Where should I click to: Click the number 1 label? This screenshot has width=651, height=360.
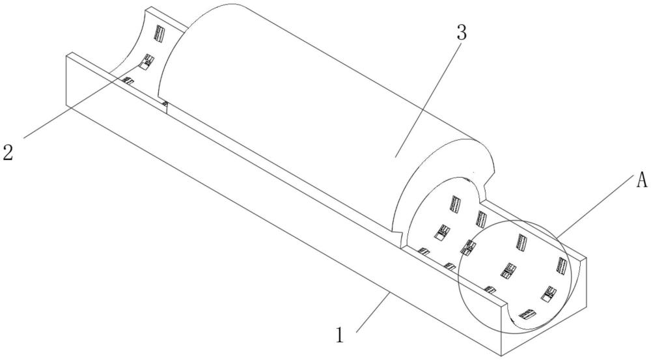point(339,336)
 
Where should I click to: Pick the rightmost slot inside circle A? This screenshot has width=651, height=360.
point(561,265)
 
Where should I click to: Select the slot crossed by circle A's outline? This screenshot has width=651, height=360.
point(469,248)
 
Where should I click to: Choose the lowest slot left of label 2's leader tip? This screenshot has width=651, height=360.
point(128,81)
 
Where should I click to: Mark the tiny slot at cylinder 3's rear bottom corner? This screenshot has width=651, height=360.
point(165,104)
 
